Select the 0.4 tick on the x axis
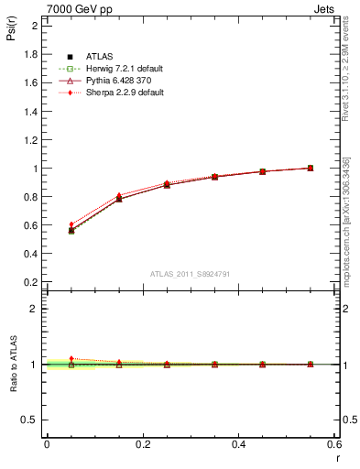239,444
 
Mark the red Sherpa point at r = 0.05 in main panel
71,224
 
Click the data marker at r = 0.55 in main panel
311,168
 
